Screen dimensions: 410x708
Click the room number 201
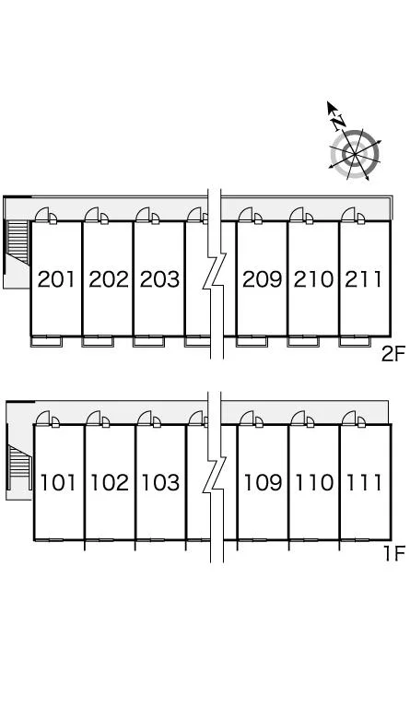pyautogui.click(x=56, y=279)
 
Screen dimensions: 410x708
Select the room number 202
pyautogui.click(x=109, y=279)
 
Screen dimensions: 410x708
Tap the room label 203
pyautogui.click(x=159, y=279)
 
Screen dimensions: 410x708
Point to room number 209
pyautogui.click(x=262, y=279)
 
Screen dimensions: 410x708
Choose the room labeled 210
pyautogui.click(x=313, y=279)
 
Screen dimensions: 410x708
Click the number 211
pyautogui.click(x=364, y=279)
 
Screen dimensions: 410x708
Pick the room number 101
pyautogui.click(x=58, y=483)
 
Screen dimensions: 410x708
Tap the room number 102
pyautogui.click(x=110, y=483)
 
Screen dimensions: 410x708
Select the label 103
pyautogui.click(x=160, y=483)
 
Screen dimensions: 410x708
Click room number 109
pyautogui.click(x=263, y=483)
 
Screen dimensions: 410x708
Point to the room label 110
pyautogui.click(x=314, y=483)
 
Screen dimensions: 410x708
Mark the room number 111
pyautogui.click(x=365, y=483)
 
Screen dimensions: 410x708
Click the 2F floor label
pyautogui.click(x=393, y=354)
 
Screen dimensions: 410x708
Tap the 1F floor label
pyautogui.click(x=394, y=553)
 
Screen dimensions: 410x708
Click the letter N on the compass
pyautogui.click(x=339, y=122)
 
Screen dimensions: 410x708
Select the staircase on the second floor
pyautogui.click(x=18, y=242)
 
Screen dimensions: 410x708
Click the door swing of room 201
pyautogui.click(x=42, y=215)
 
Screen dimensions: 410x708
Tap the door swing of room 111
pyautogui.click(x=348, y=419)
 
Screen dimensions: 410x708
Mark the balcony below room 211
pyautogui.click(x=355, y=341)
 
